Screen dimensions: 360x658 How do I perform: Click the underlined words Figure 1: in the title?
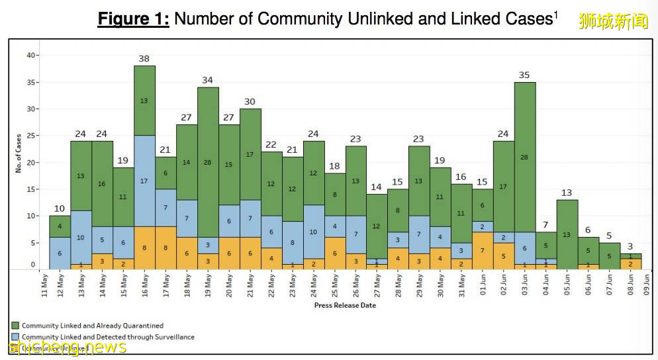[133, 19]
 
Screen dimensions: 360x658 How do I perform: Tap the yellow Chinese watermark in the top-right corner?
[613, 21]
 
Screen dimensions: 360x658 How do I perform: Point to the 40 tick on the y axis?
[30, 56]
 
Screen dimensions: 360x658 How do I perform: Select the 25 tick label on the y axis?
[30, 136]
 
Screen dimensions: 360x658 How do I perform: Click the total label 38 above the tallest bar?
[144, 59]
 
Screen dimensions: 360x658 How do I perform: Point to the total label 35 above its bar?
[524, 75]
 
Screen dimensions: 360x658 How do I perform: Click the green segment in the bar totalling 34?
[207, 162]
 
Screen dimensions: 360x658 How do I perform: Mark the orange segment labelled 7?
[483, 251]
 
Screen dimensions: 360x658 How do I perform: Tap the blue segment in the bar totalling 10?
[60, 253]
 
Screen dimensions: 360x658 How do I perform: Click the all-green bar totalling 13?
[567, 234]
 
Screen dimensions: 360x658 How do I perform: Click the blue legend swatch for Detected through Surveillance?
[15, 337]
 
